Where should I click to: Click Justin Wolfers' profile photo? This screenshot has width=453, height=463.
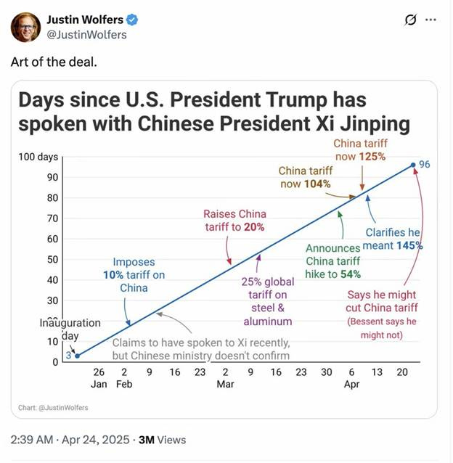coord(26,27)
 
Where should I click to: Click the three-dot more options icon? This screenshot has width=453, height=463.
coord(430,20)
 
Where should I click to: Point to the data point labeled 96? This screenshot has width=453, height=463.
coord(413,165)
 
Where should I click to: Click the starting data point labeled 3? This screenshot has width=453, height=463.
coord(77,356)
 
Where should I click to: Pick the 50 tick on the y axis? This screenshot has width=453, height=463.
coord(53,259)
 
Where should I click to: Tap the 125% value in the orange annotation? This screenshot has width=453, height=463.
coord(371,156)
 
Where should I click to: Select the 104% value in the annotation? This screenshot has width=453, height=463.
coord(317,184)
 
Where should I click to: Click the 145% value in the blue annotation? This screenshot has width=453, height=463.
coord(409,245)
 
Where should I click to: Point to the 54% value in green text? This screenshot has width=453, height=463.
coord(348,274)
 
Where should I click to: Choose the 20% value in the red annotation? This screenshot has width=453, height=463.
coord(254,227)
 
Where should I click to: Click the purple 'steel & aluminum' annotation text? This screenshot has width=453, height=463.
coord(268,314)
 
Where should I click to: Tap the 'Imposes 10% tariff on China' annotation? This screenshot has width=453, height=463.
coord(134,274)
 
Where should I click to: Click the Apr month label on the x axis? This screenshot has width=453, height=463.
coord(351,384)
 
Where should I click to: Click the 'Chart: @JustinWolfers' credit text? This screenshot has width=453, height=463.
coord(53,408)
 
